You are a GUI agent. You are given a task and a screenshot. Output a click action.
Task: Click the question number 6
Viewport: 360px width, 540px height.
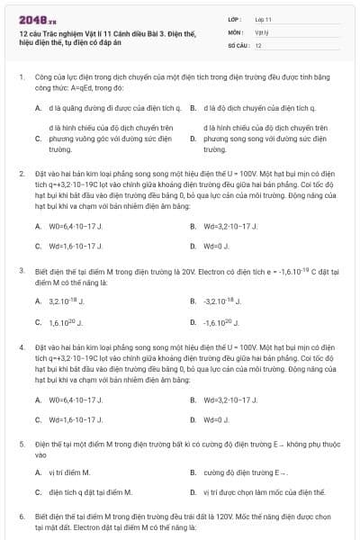point(21,517)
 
